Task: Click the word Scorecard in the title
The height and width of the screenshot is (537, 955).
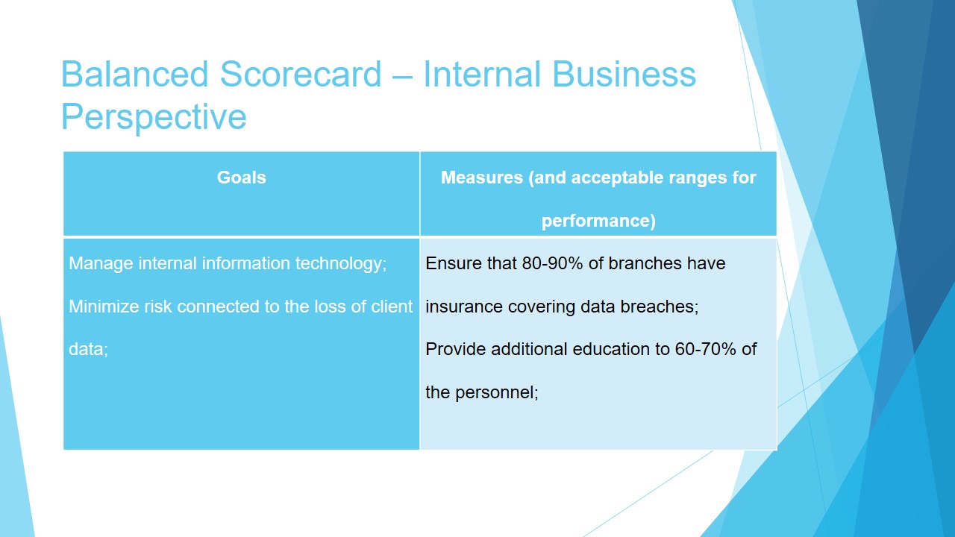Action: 301,74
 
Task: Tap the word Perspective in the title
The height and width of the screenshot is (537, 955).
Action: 154,118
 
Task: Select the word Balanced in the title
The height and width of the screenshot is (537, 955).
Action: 135,74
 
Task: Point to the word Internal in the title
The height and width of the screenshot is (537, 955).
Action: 481,74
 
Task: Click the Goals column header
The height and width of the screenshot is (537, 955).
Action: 241,178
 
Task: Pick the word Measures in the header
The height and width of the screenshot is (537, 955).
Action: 482,178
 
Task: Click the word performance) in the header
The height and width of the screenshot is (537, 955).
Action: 598,221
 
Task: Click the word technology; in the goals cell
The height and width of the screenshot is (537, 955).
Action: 341,264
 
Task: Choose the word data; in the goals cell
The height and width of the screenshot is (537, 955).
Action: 88,350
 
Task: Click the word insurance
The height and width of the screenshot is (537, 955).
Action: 464,307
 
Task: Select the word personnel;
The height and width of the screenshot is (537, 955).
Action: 497,393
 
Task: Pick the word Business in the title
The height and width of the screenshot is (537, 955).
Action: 624,74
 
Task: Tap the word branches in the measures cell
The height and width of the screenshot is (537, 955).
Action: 642,263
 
